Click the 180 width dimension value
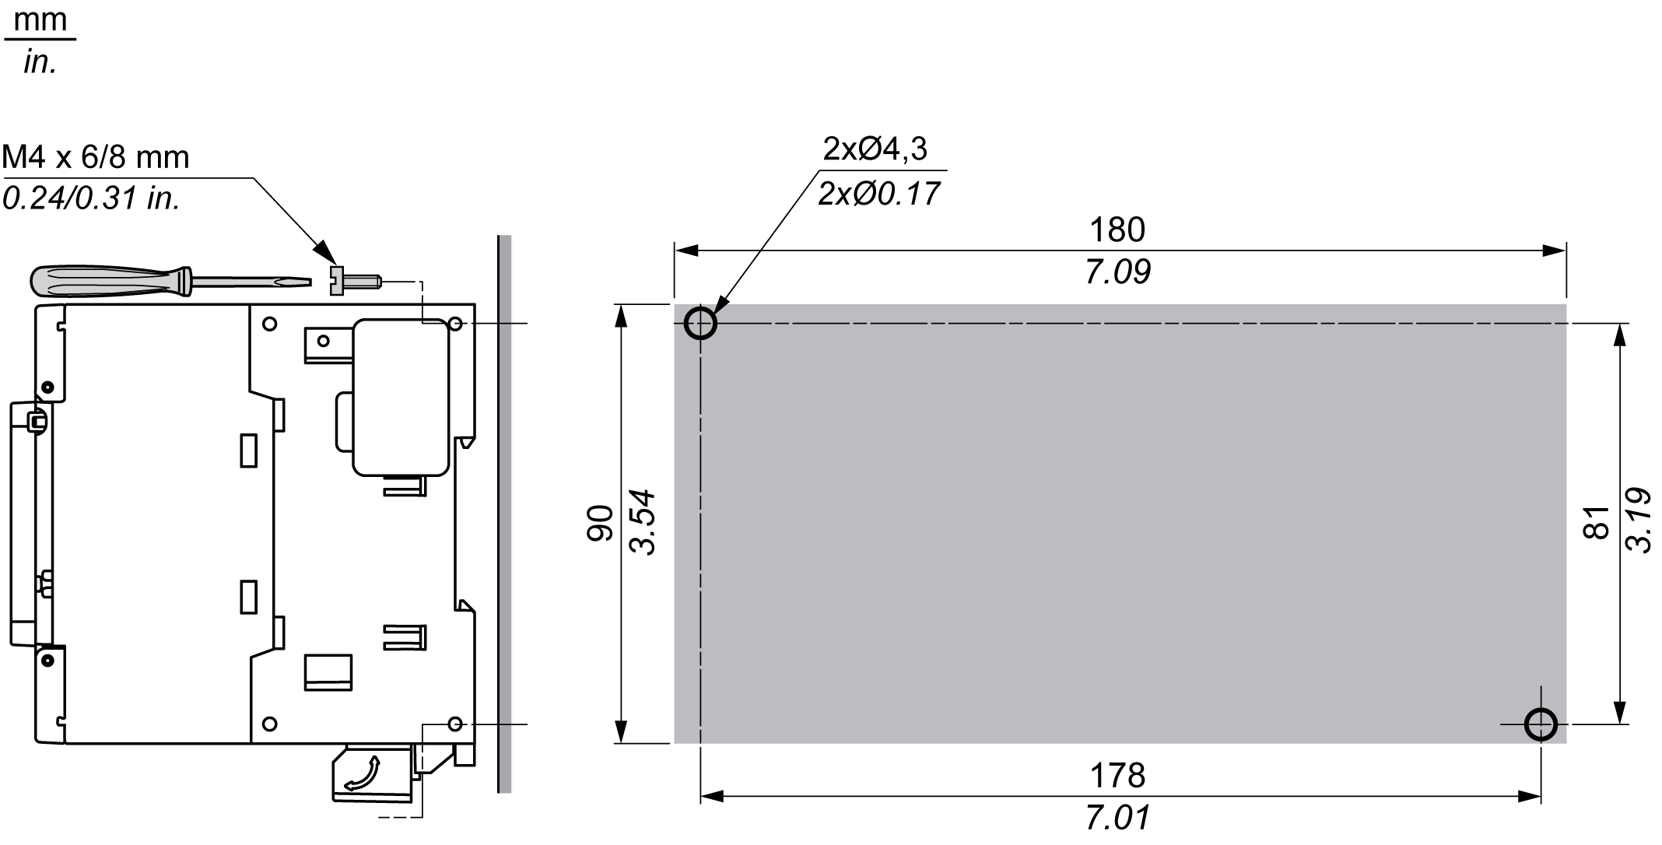pyautogui.click(x=1117, y=230)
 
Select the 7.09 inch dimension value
pyautogui.click(x=1118, y=272)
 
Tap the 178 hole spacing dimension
pyautogui.click(x=1117, y=776)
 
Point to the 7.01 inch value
pyautogui.click(x=1118, y=818)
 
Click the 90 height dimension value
pyautogui.click(x=600, y=523)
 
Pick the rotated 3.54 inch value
pyautogui.click(x=643, y=523)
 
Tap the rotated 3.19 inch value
pyautogui.click(x=1639, y=521)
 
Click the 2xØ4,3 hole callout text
pyautogui.click(x=875, y=149)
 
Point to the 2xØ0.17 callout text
pyautogui.click(x=879, y=193)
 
